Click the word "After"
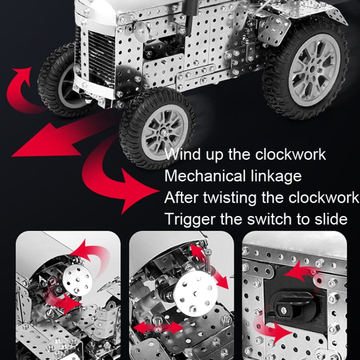click(x=181, y=197)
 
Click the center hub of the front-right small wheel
click(x=164, y=132)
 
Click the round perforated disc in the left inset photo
click(x=78, y=280)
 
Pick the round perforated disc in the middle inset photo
click(x=195, y=293)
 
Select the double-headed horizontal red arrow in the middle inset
click(x=158, y=327)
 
